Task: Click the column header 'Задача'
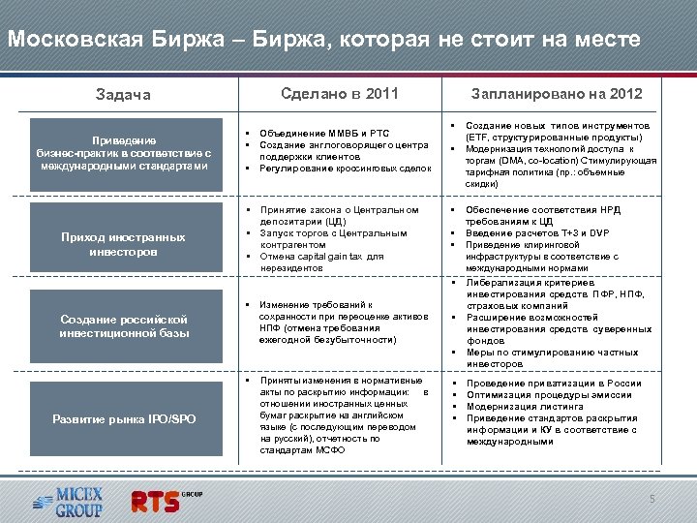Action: tap(123, 95)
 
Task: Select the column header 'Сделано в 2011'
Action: tap(339, 93)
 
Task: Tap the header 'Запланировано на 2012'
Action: tap(556, 94)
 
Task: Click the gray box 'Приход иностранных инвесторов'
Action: tap(123, 244)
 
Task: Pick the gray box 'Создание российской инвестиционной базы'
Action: tap(123, 326)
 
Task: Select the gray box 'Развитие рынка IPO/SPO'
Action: tap(123, 417)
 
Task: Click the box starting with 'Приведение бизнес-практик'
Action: tap(123, 153)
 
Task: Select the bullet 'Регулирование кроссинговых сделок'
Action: tap(344, 168)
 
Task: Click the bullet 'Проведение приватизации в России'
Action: tap(553, 384)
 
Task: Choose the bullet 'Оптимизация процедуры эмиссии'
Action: tap(543, 395)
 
